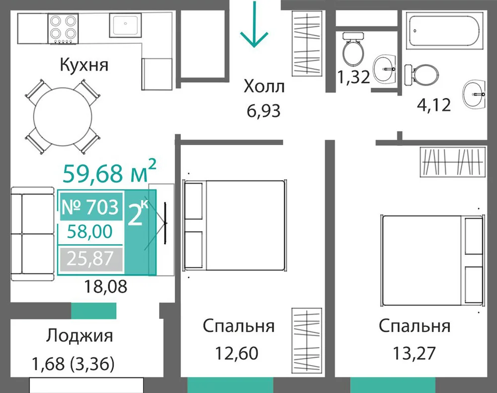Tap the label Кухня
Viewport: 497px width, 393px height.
click(84, 65)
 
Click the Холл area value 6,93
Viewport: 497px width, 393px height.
click(263, 111)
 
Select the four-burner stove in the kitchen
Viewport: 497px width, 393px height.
click(63, 28)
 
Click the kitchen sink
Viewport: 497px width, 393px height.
click(125, 25)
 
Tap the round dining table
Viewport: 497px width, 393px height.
click(63, 117)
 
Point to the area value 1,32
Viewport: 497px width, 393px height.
click(353, 77)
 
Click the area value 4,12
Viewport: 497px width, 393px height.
click(433, 105)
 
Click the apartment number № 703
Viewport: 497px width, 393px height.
click(90, 207)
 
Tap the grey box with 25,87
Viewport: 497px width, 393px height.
click(90, 259)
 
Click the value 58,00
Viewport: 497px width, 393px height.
click(89, 231)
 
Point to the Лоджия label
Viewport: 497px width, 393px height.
click(79, 336)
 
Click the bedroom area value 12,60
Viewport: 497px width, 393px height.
click(237, 353)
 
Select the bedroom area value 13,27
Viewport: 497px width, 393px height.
click(414, 353)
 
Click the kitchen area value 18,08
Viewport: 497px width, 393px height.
click(105, 286)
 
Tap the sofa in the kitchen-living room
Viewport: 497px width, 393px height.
click(32, 234)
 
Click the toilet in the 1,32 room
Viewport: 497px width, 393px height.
click(352, 49)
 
